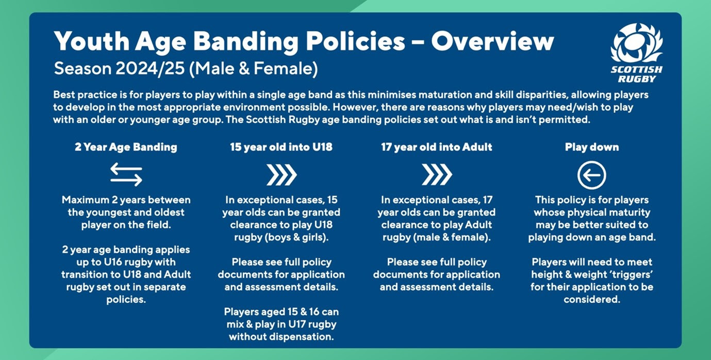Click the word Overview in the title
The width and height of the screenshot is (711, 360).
tap(492, 41)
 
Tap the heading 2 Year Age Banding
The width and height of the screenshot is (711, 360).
tap(126, 147)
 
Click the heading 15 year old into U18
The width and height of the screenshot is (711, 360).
tap(281, 147)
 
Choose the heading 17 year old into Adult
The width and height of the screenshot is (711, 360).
tap(437, 147)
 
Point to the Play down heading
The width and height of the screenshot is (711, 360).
tap(591, 147)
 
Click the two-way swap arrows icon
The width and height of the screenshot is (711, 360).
tap(126, 175)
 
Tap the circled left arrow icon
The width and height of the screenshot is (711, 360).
tap(591, 176)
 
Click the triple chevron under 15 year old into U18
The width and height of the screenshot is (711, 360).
tap(282, 175)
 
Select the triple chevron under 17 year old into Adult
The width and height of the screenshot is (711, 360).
tap(437, 175)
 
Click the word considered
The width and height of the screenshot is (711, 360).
tap(591, 299)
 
